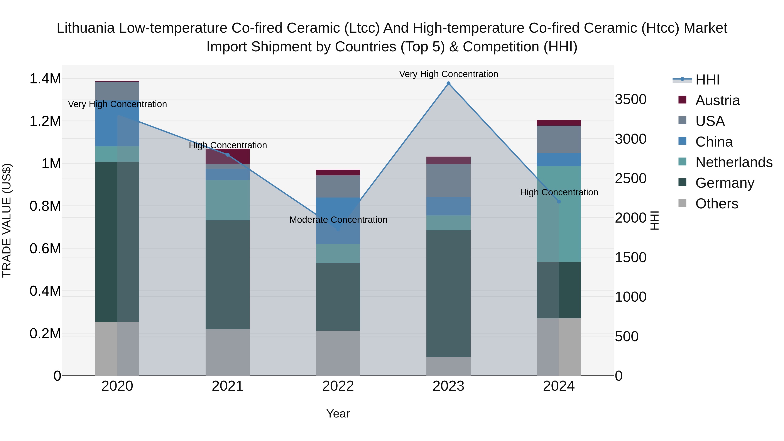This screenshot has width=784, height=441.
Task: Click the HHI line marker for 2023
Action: pyautogui.click(x=448, y=83)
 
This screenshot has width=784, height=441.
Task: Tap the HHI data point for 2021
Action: pyautogui.click(x=228, y=155)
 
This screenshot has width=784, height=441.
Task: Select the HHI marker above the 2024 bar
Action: pyautogui.click(x=559, y=201)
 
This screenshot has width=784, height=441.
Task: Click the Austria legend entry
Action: pyautogui.click(x=717, y=100)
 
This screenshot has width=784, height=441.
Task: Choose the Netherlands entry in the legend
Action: pyautogui.click(x=733, y=162)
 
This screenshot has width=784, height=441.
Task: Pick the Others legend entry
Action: pyautogui.click(x=716, y=204)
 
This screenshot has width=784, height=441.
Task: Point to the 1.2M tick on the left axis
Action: pyautogui.click(x=45, y=121)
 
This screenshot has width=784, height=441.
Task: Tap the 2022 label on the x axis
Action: pyautogui.click(x=338, y=386)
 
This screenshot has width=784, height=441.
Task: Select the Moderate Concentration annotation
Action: pyautogui.click(x=338, y=220)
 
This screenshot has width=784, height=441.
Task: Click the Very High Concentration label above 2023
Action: pyautogui.click(x=448, y=74)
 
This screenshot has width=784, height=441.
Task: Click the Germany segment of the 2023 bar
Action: pyautogui.click(x=448, y=294)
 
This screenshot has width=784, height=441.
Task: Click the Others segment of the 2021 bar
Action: pyautogui.click(x=228, y=352)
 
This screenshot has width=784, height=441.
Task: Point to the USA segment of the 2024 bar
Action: pyautogui.click(x=559, y=139)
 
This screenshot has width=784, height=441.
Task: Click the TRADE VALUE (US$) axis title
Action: pyautogui.click(x=7, y=220)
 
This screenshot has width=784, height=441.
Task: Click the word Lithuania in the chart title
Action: pyautogui.click(x=86, y=28)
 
